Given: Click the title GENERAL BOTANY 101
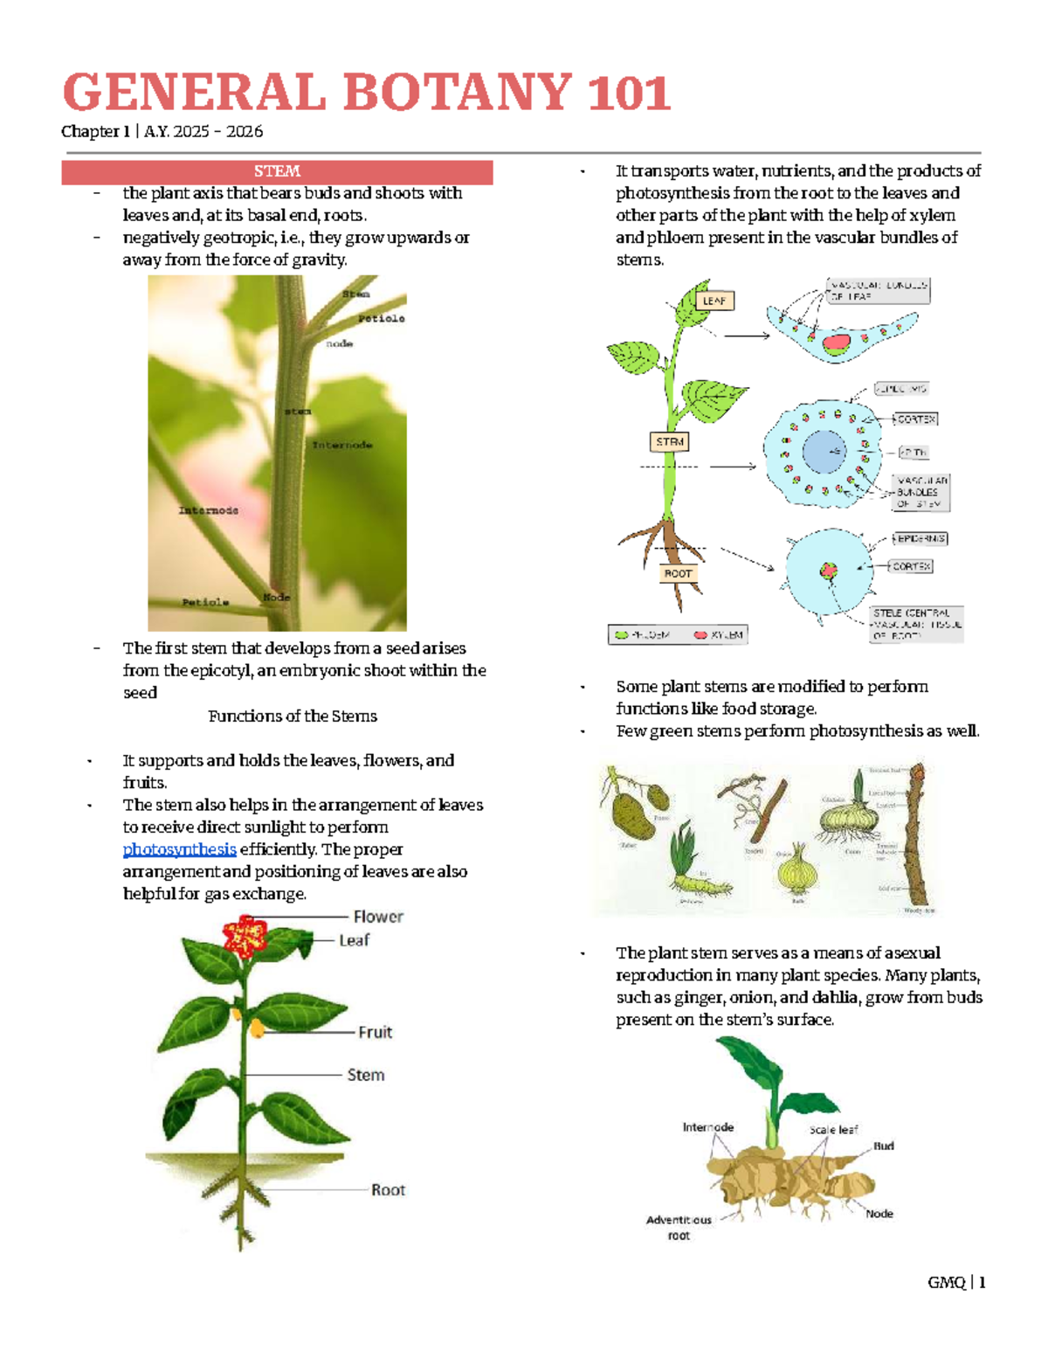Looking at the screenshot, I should (x=367, y=93).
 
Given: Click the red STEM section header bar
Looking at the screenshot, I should (x=277, y=172).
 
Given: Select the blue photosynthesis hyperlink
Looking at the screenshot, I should (x=179, y=849).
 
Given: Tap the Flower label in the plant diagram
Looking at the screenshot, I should (x=378, y=917).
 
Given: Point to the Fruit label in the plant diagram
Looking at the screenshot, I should (x=375, y=1032).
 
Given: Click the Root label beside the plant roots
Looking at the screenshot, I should (x=388, y=1190).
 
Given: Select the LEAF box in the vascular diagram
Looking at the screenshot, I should (x=714, y=301).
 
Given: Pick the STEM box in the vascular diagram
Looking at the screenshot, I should (x=670, y=442).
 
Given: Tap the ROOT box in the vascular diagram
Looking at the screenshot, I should (x=678, y=574).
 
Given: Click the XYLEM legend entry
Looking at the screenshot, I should (x=719, y=635).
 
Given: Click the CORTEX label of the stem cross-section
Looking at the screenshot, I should (x=916, y=419).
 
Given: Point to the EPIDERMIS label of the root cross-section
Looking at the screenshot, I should (x=920, y=539).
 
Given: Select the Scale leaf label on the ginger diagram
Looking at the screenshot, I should (x=833, y=1130).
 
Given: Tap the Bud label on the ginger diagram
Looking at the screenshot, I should (x=883, y=1146).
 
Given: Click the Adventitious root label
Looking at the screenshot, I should (x=679, y=1228).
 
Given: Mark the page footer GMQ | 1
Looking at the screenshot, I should (x=956, y=1283).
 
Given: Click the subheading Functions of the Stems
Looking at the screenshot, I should (x=293, y=717).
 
